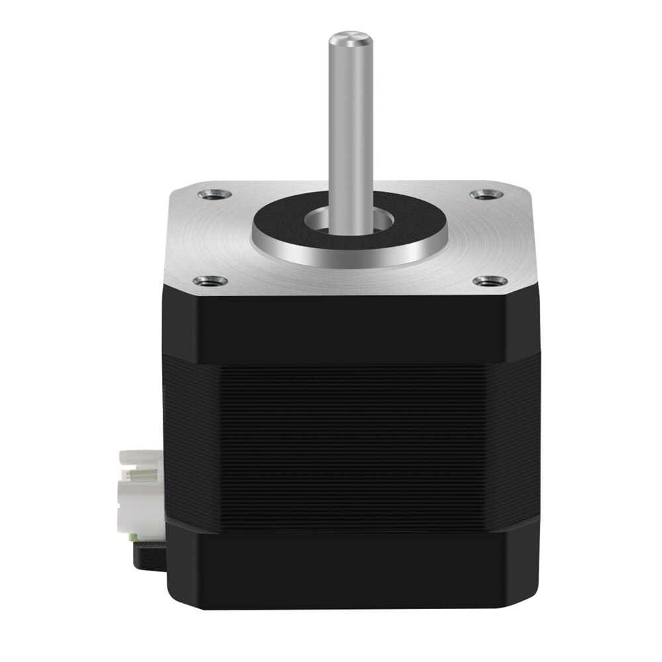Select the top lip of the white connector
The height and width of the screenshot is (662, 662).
pos(140,455)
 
